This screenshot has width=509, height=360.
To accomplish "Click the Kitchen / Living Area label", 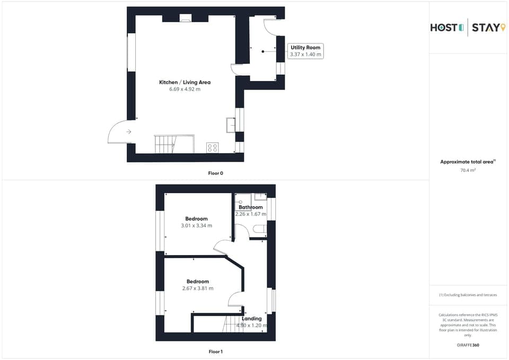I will tap(185, 82).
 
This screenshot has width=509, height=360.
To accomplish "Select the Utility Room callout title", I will tap(305, 48).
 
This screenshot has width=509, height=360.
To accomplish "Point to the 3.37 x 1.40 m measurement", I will tap(305, 55).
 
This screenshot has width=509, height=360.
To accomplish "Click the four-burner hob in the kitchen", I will tap(212, 148).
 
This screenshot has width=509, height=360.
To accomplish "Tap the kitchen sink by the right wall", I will tap(231, 125).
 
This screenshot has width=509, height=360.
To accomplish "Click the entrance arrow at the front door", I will tap(129, 131).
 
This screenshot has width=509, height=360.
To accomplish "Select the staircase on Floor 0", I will tap(164, 144).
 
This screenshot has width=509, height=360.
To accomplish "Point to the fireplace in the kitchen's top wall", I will tap(186, 19).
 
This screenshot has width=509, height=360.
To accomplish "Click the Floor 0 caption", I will tap(216, 173).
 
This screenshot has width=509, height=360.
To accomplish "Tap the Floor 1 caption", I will tap(216, 352).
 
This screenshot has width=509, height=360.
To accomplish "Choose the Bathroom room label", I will tap(250, 207).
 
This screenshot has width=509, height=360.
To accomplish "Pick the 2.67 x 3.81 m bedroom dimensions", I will tap(197, 288).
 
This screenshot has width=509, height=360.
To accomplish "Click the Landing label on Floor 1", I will tap(252, 319).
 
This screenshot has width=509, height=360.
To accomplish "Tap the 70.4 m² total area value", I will tap(468, 170).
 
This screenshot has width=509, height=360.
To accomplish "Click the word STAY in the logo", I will tap(485, 28).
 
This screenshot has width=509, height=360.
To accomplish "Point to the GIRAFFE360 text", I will tap(468, 345).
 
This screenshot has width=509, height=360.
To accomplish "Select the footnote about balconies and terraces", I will tap(468, 295).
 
